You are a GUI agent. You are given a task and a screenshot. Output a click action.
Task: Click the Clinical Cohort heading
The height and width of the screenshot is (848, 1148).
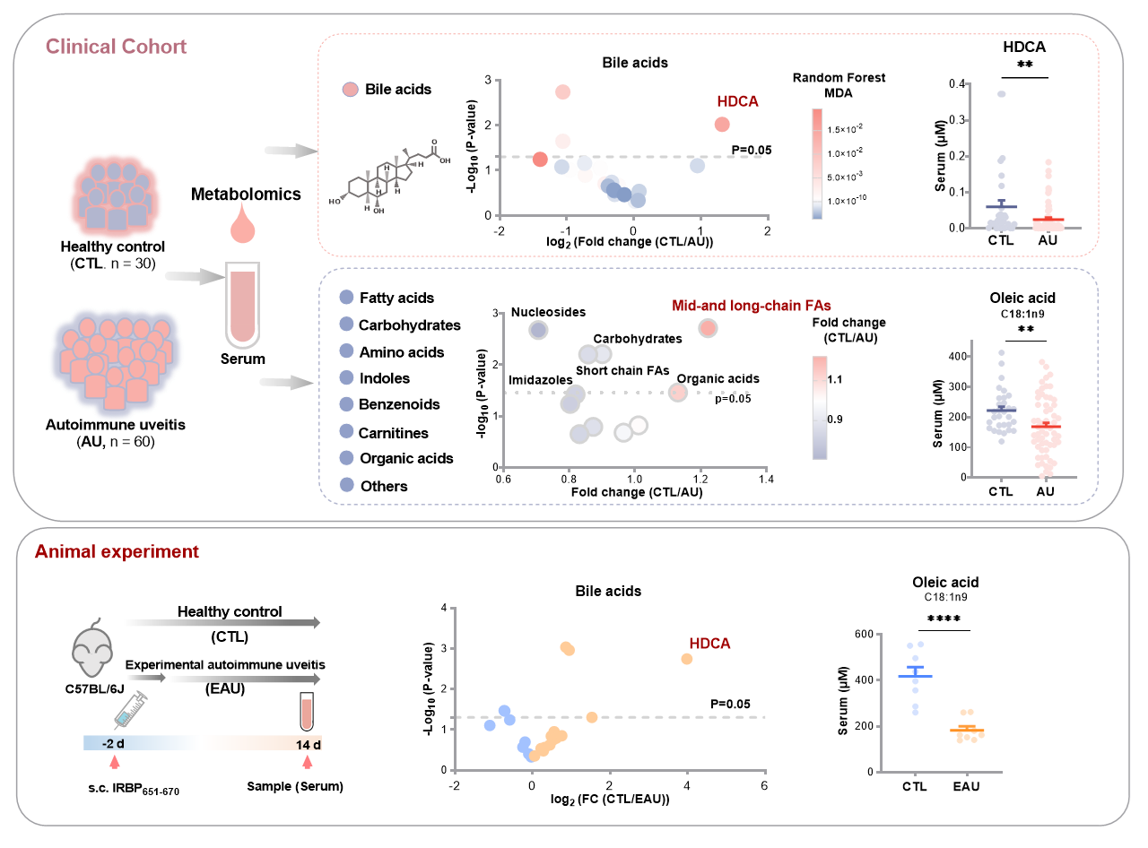click(x=116, y=47)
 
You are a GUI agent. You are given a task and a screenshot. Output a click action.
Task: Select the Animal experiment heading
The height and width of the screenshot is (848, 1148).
click(x=117, y=552)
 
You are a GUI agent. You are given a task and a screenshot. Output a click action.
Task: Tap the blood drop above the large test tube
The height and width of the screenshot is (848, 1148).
click(x=243, y=225)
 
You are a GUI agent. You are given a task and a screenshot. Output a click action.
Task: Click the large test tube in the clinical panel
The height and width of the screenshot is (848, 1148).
click(x=243, y=305)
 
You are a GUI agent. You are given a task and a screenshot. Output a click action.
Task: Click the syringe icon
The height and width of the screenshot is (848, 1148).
click(x=130, y=710)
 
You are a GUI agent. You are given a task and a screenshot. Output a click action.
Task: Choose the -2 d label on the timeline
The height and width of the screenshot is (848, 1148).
click(x=112, y=744)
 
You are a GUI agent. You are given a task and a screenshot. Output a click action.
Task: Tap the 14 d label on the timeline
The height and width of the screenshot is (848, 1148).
click(x=308, y=744)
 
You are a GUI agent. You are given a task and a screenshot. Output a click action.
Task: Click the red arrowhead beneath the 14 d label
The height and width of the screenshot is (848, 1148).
click(x=308, y=762)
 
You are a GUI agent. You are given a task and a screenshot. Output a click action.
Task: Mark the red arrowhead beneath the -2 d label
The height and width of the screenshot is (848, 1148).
click(x=114, y=762)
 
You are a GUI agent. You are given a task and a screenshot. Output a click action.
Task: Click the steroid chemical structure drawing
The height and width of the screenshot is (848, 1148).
click(x=390, y=176)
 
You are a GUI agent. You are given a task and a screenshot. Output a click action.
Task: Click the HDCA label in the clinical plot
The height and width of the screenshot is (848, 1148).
click(x=737, y=101)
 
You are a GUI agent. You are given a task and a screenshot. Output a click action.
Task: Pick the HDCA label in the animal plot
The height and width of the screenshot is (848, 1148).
click(x=710, y=644)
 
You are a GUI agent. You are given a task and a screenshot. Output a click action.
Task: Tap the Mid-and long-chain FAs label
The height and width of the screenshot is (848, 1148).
click(x=752, y=306)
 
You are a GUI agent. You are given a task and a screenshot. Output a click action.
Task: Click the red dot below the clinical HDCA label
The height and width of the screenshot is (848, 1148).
click(x=722, y=125)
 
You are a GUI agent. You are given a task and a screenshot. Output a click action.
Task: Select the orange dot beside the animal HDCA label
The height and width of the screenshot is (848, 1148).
click(x=687, y=659)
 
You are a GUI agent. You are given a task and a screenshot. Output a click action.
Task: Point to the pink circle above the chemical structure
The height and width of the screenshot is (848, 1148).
click(x=351, y=89)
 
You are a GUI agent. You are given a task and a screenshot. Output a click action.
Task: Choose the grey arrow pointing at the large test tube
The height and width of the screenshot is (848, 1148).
click(x=194, y=278)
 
